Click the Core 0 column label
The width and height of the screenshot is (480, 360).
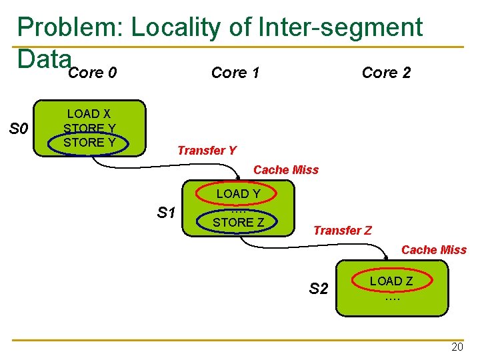click(93, 73)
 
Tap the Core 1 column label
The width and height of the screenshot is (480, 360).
click(235, 73)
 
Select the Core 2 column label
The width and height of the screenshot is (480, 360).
click(386, 73)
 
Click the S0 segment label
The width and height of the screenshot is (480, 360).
click(19, 128)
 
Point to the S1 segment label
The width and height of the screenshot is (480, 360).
click(166, 212)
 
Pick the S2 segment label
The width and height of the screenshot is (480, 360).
click(319, 289)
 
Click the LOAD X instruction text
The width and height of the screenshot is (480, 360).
click(89, 114)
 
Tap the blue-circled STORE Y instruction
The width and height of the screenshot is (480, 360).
click(89, 143)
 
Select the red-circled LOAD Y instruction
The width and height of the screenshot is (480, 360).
click(239, 194)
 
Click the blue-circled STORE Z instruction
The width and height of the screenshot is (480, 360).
click(239, 222)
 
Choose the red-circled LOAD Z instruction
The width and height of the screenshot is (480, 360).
click(391, 281)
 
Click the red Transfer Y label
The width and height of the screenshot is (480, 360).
click(207, 150)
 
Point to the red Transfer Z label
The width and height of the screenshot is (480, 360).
click(343, 230)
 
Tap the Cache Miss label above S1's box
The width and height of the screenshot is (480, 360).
click(286, 170)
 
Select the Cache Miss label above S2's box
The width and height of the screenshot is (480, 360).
click(434, 250)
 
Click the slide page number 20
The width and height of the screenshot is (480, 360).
click(457, 347)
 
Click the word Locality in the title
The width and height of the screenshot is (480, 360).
click(176, 27)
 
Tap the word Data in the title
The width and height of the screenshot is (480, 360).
click(45, 59)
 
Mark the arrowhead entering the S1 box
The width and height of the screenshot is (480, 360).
click(238, 177)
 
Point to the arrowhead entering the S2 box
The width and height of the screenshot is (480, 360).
click(386, 258)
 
